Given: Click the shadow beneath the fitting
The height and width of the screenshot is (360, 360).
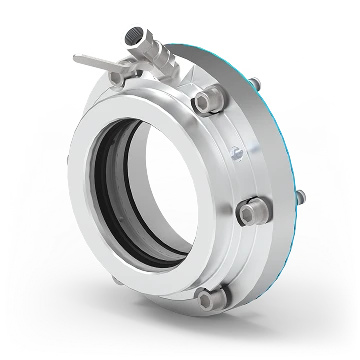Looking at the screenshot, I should (x=180, y=345).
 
